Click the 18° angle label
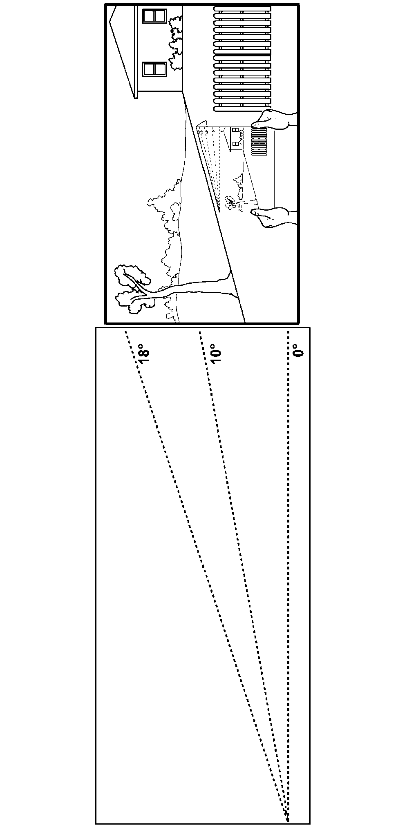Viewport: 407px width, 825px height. tap(144, 356)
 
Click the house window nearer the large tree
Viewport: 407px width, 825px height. tap(154, 69)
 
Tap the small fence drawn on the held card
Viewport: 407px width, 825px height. tap(259, 141)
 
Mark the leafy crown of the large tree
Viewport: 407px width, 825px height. tap(133, 288)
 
